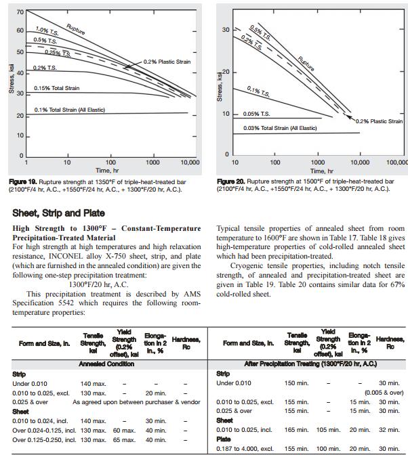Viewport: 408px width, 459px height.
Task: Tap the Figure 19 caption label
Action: [25, 182]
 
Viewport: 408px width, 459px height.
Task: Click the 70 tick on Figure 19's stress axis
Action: [20, 13]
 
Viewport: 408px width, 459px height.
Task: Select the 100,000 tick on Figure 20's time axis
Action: [396, 163]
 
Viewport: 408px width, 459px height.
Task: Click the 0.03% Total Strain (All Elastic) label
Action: [280, 128]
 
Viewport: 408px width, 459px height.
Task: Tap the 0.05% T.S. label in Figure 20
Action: [257, 114]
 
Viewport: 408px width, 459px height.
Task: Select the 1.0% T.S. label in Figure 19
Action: [47, 31]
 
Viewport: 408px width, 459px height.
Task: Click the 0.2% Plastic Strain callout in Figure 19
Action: [167, 62]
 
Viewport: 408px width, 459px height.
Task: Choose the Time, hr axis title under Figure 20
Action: [317, 171]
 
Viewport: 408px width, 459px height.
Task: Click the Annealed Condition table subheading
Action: [106, 364]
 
